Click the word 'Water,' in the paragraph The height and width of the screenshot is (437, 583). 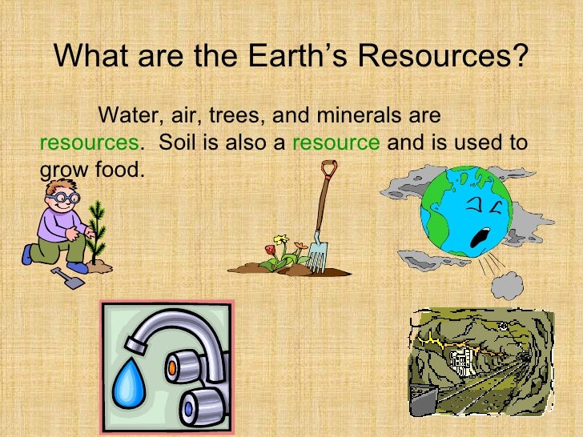129,115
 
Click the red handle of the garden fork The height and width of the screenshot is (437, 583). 327,170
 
